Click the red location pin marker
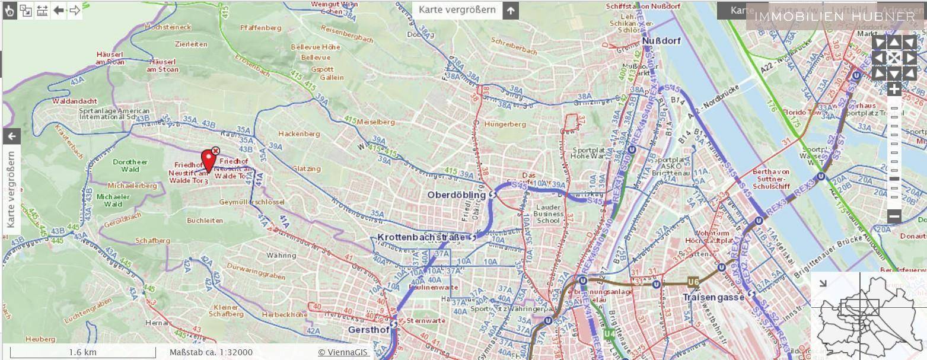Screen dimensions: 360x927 point(208,159)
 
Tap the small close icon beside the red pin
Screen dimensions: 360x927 point(216,151)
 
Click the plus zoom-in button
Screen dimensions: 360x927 point(894,90)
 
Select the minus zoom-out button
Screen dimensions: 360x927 point(894,216)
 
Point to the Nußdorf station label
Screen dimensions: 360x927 point(661,41)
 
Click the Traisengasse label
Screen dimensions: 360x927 point(713,297)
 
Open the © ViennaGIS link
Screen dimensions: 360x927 point(343,352)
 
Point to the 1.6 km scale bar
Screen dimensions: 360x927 point(82,352)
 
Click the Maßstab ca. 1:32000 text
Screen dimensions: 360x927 point(211,352)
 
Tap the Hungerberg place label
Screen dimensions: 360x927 point(505,125)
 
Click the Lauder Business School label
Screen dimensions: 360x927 point(547,214)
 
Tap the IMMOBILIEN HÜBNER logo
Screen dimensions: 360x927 point(834,17)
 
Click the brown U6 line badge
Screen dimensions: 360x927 point(693,282)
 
